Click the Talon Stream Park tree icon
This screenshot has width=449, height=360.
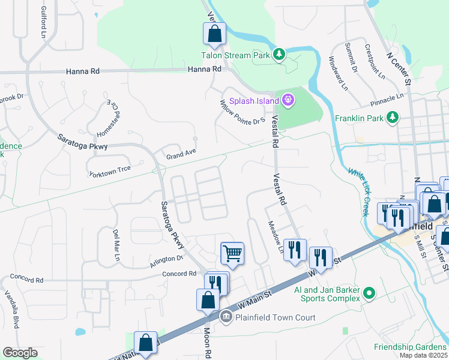point(279,55)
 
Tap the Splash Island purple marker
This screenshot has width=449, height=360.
point(288,100)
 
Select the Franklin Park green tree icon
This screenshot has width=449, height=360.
point(393,117)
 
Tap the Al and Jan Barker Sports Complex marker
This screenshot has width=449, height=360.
point(369,293)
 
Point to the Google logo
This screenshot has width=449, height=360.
point(20,353)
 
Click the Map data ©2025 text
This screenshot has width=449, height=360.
point(423,355)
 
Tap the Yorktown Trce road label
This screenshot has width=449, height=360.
point(110,170)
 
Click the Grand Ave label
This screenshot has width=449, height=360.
point(181,154)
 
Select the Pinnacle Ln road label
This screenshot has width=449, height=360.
point(387,97)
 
